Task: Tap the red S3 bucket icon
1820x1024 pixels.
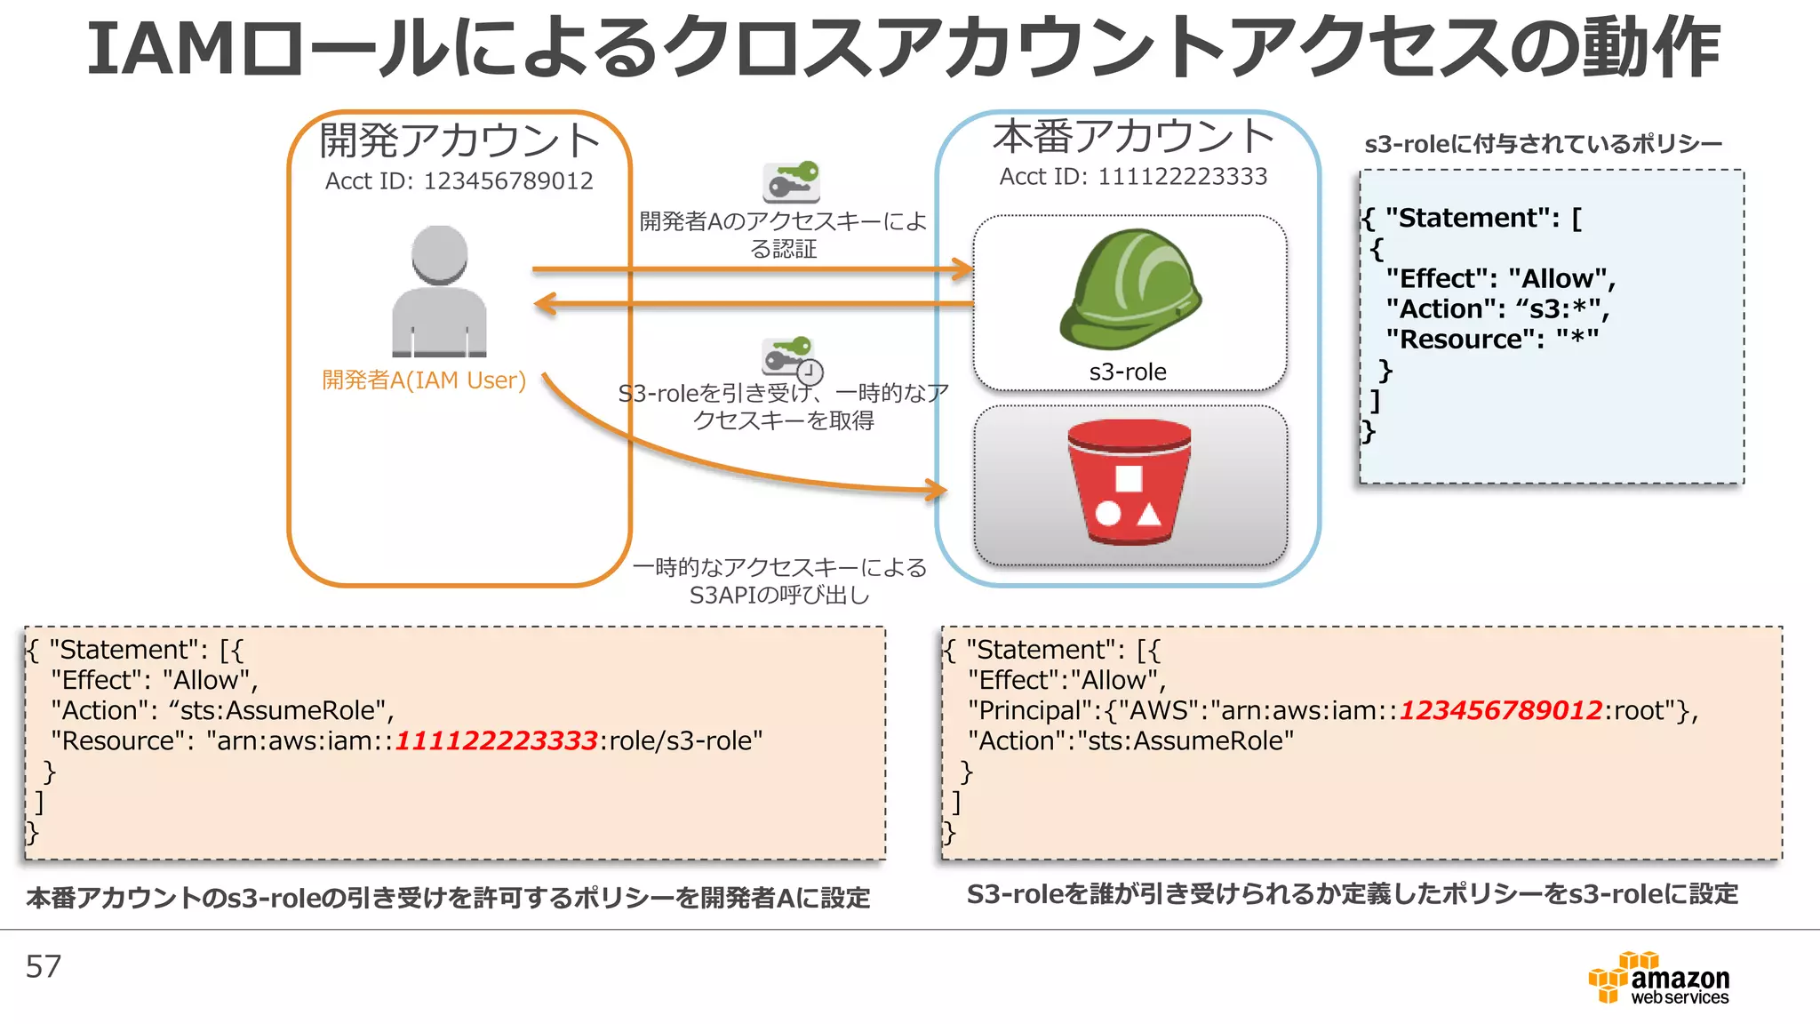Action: pyautogui.click(x=1129, y=483)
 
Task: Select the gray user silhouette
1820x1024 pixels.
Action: pyautogui.click(x=439, y=292)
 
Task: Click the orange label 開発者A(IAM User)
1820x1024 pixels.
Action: pyautogui.click(x=424, y=380)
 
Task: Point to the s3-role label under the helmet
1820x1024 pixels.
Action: pyautogui.click(x=1128, y=372)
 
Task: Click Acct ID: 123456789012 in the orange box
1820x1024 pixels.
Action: pyautogui.click(x=459, y=181)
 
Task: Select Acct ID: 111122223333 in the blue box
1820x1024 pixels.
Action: pyautogui.click(x=1133, y=177)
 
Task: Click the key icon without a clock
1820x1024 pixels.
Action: pyautogui.click(x=791, y=181)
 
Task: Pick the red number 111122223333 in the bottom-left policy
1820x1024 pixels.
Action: pyautogui.click(x=496, y=740)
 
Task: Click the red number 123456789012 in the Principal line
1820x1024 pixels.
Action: pyautogui.click(x=1501, y=710)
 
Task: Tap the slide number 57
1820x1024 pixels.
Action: pyautogui.click(x=44, y=967)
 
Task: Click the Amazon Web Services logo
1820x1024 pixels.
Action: pyautogui.click(x=1658, y=979)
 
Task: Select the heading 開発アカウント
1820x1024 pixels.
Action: pyautogui.click(x=459, y=140)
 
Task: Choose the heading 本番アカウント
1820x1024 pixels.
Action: pyautogui.click(x=1133, y=136)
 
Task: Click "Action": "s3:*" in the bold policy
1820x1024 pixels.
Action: pyautogui.click(x=1497, y=309)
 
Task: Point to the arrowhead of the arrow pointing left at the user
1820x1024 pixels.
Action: pyautogui.click(x=541, y=304)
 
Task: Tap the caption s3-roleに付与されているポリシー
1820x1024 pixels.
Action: pyautogui.click(x=1543, y=144)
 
